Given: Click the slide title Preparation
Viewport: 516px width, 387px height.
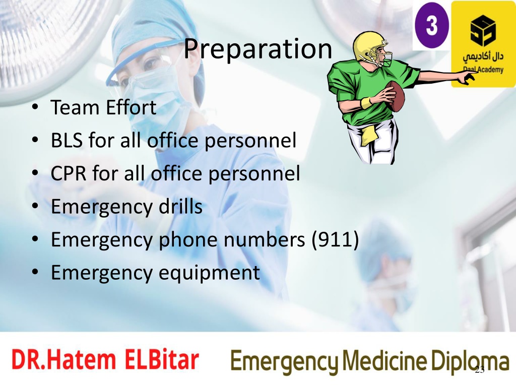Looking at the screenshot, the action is pyautogui.click(x=257, y=49).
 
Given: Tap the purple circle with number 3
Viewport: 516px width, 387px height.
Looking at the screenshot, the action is pyautogui.click(x=431, y=25).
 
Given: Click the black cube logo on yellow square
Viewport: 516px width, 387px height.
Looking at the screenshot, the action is pyautogui.click(x=483, y=31).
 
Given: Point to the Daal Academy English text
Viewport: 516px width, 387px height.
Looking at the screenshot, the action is pyautogui.click(x=483, y=70).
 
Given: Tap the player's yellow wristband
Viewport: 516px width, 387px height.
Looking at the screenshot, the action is pyautogui.click(x=366, y=103).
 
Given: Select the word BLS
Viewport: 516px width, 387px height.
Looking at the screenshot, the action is pyautogui.click(x=67, y=140).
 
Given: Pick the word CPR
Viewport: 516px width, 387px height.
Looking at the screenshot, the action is pyautogui.click(x=69, y=173).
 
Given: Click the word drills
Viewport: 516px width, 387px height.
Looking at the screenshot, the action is pyautogui.click(x=181, y=206).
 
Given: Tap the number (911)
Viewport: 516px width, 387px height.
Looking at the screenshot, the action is pyautogui.click(x=335, y=239).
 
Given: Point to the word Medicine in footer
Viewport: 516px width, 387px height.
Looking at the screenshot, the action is pyautogui.click(x=384, y=360).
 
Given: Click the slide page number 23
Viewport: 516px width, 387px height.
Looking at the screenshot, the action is pyautogui.click(x=480, y=370).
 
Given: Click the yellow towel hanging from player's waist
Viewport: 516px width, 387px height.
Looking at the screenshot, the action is pyautogui.click(x=368, y=135).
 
